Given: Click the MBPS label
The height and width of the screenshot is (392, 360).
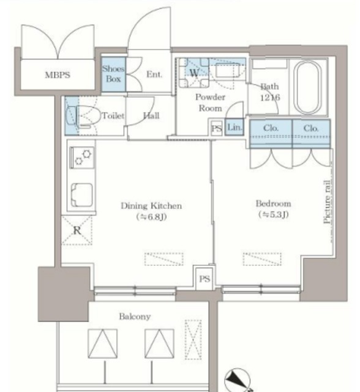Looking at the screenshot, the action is (58, 75).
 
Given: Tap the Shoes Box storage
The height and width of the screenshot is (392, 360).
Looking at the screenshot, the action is (113, 74).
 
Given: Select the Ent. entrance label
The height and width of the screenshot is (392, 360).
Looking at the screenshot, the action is (154, 74).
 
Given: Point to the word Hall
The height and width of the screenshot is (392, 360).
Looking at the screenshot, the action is (151, 116).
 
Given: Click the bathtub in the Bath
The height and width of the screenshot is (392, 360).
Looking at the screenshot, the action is (307, 88).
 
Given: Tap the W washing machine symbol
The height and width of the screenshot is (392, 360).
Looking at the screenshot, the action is (194, 72).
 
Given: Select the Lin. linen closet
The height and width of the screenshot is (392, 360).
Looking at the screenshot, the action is (234, 127).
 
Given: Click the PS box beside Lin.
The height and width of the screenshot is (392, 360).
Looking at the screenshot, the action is (216, 129).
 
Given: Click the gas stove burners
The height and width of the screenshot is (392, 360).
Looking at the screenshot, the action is (82, 157).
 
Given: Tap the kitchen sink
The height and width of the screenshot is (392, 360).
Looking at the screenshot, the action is (81, 195).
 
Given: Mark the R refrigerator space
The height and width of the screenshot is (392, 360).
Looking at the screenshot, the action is (77, 230).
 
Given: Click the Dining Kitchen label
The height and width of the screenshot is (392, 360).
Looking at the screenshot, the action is (151, 206).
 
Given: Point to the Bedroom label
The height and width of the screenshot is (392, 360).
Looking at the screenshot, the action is (273, 203).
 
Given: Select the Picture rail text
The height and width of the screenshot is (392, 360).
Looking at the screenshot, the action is (328, 202).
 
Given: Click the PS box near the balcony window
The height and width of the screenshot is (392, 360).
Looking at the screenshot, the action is (204, 279).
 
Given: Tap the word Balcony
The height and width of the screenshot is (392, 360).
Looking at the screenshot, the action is (135, 317).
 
